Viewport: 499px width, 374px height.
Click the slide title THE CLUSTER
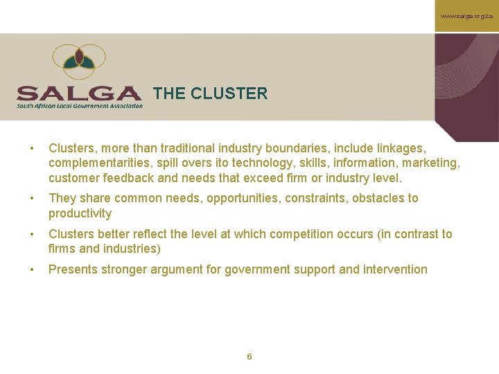[210, 93]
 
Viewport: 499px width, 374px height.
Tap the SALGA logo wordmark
[79, 93]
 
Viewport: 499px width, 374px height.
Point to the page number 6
[249, 357]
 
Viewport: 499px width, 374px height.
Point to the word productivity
[80, 213]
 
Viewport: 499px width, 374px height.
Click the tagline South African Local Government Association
[80, 106]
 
